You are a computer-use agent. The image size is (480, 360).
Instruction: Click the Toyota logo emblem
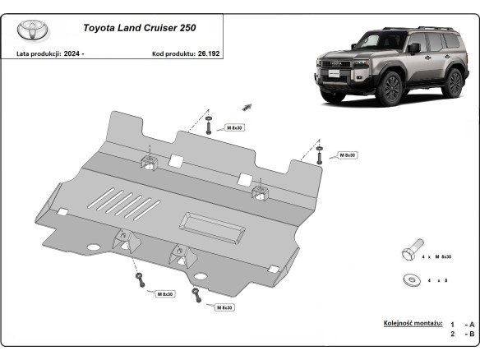coord(33,31)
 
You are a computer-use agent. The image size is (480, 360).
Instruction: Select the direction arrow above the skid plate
coord(246,105)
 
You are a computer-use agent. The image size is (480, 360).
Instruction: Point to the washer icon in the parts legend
coord(408,280)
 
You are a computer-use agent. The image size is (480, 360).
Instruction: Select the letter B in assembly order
coord(470,334)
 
